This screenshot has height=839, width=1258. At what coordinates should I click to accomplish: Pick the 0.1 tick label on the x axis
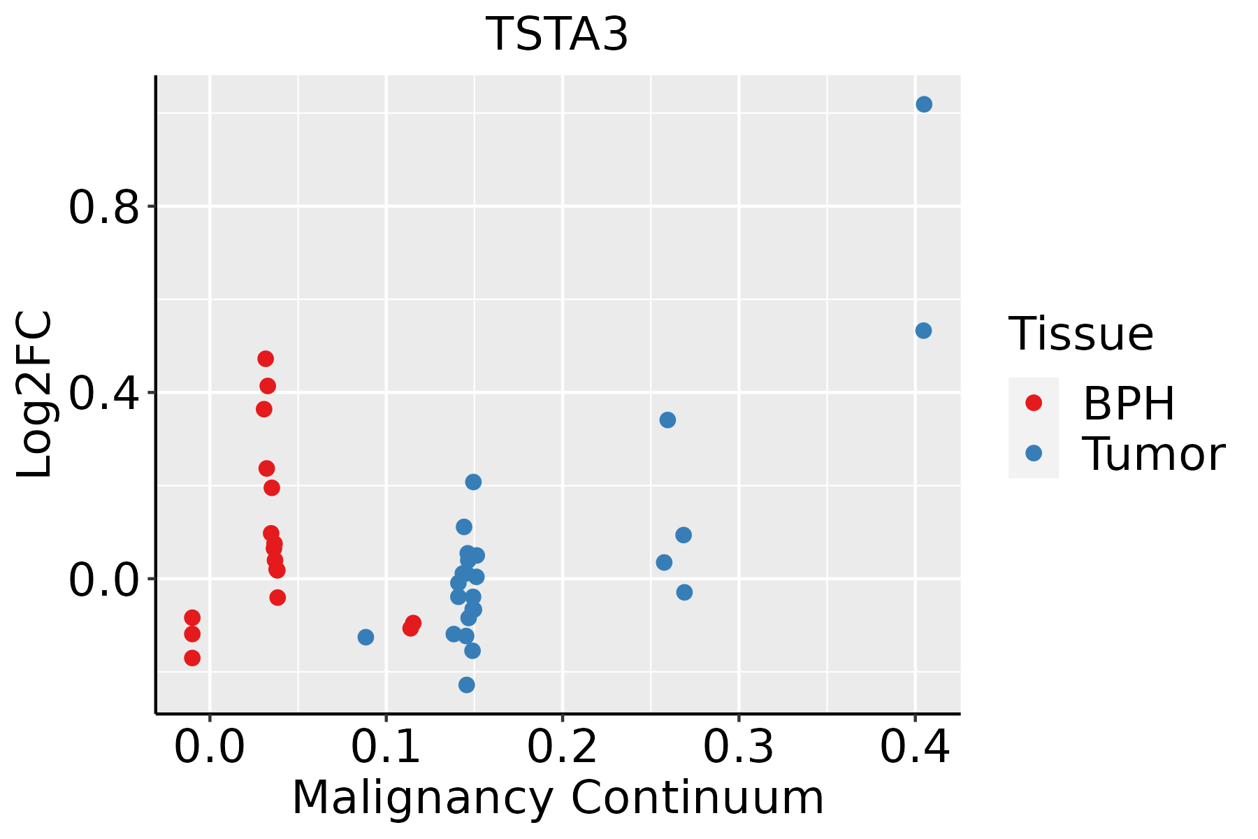386,747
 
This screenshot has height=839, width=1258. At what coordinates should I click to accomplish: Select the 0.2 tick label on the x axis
562,747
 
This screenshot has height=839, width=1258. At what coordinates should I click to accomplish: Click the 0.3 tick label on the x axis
738,747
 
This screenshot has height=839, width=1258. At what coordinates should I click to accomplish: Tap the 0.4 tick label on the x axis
914,747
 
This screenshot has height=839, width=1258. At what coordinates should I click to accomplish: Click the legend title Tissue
1081,334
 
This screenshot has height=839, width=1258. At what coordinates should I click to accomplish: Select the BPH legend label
1129,403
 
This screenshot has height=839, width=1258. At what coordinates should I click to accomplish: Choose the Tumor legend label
1153,454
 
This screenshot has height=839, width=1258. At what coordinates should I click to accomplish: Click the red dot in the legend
1033,403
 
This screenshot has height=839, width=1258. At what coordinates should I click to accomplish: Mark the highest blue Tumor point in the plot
924,105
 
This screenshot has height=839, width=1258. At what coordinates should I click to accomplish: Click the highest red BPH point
266,359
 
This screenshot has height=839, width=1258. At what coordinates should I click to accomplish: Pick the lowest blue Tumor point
467,684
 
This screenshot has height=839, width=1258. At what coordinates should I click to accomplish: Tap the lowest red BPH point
192,658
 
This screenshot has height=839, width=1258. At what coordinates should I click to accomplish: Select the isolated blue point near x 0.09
366,637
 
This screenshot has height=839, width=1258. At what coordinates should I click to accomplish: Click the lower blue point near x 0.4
923,331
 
